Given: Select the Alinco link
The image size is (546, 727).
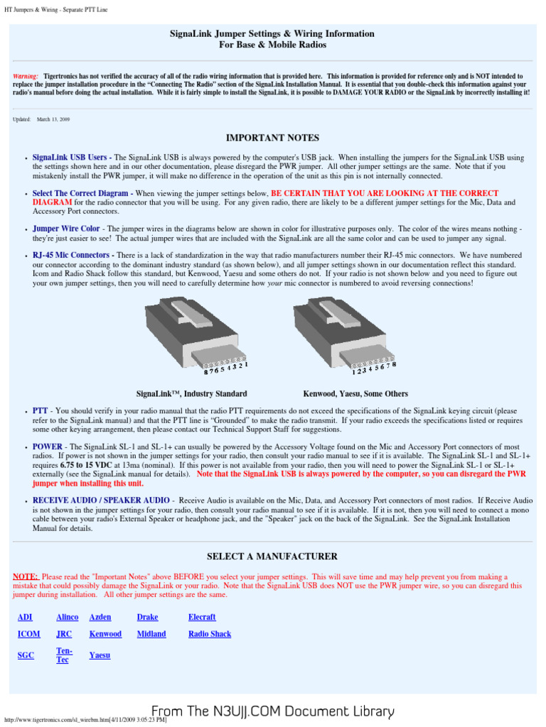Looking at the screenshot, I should tap(67, 617).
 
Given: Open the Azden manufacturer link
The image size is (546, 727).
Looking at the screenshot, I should tap(100, 617).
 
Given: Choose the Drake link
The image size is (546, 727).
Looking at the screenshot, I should tap(147, 617).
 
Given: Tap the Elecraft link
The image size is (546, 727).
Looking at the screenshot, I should tap(202, 617).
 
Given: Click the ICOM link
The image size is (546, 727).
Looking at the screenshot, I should tap(28, 634).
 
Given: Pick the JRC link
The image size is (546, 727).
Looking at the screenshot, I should tap(64, 634).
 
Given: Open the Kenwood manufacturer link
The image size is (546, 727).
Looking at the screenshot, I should tap(105, 634).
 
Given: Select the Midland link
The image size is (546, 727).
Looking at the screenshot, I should tap(151, 634).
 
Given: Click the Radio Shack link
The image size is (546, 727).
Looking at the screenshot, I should tap(210, 634).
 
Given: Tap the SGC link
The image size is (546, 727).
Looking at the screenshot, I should tap(25, 655).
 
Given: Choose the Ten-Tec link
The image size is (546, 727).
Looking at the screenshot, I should tap(64, 655).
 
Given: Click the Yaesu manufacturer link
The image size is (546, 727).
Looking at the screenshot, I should tap(100, 655).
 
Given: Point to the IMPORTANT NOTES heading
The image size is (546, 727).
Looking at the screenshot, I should tap(272, 138).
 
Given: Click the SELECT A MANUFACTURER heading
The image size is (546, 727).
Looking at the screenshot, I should tap(272, 556).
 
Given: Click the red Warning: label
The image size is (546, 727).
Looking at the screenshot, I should tap(26, 75).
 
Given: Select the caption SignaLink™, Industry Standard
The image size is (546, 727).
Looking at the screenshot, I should tap(191, 393).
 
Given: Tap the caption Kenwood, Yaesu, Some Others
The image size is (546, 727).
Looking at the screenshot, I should tap(355, 393).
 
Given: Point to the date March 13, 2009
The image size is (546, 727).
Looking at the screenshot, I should tap(53, 119).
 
